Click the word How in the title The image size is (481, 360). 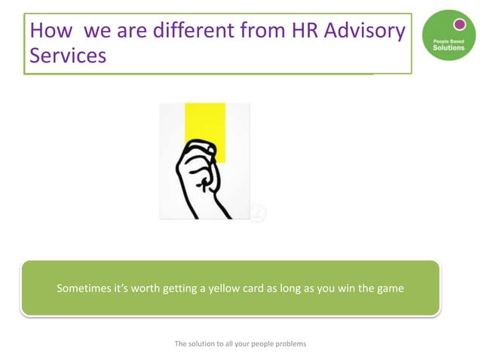[51, 31]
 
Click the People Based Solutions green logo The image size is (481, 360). [449, 35]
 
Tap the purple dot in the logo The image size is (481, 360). [459, 24]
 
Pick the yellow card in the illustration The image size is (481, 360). [205, 124]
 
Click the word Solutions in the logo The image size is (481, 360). [449, 47]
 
